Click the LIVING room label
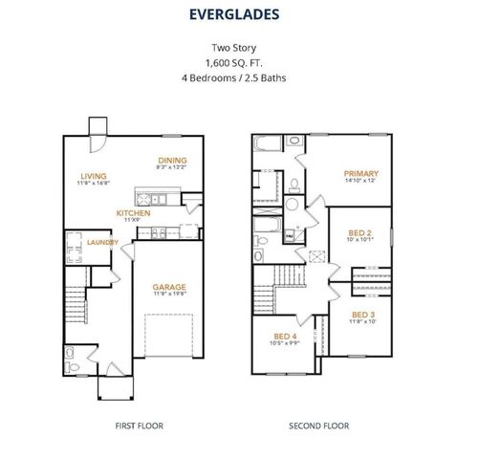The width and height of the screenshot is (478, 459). [x=93, y=175]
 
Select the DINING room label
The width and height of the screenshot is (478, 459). [x=173, y=161]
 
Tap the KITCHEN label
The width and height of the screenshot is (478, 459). [x=133, y=213]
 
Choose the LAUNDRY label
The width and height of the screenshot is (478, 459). [x=102, y=243]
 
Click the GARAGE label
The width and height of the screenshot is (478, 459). [x=169, y=287]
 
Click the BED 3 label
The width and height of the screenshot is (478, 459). [x=362, y=315]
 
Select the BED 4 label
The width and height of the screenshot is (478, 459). [x=285, y=337]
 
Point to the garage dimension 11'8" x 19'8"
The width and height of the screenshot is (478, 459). [x=169, y=295]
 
